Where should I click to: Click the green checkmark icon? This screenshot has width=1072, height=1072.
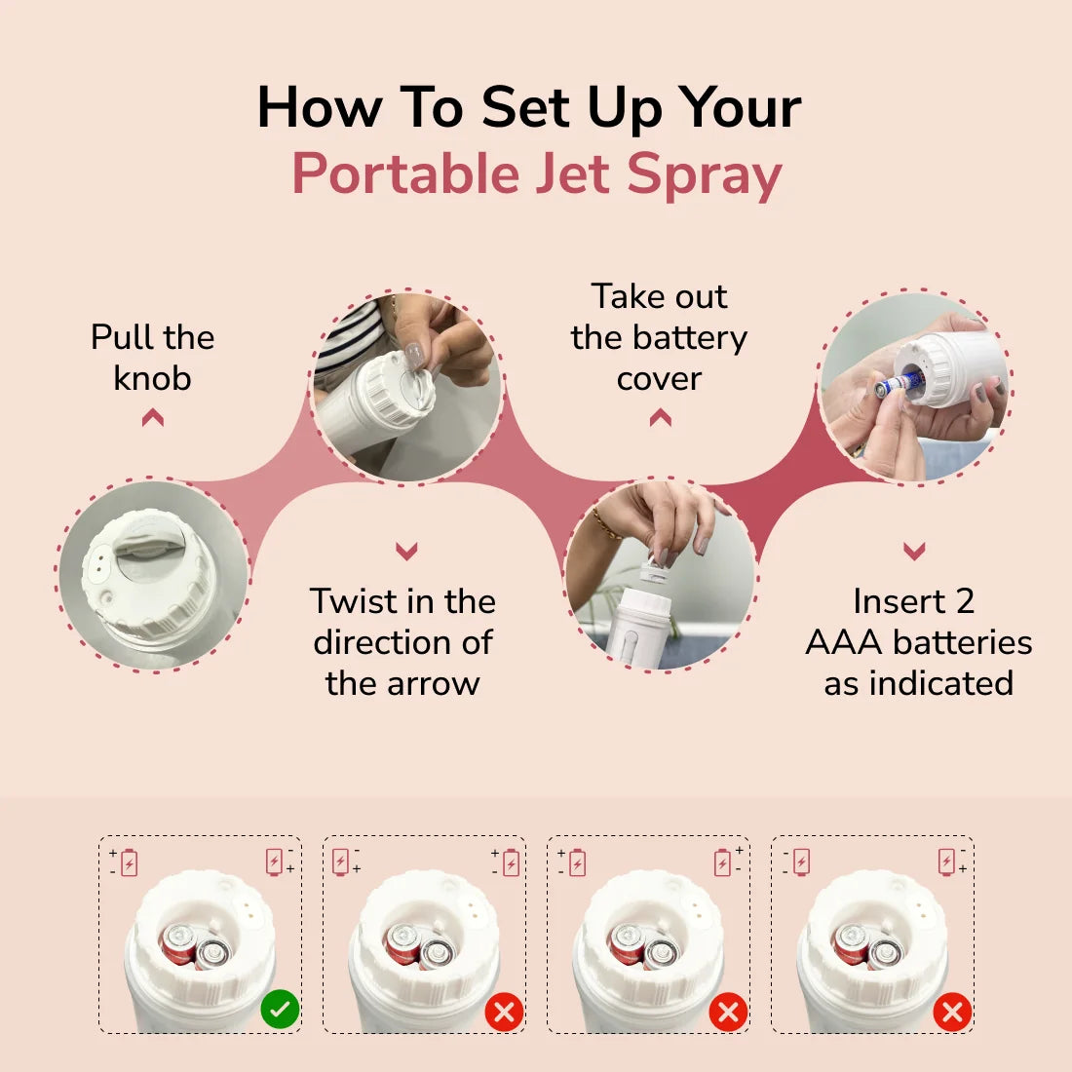click(280, 1010)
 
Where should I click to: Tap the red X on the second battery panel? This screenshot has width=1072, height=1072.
click(504, 1012)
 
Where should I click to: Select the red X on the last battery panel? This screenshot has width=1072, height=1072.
click(952, 1012)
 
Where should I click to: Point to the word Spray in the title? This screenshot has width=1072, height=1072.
click(704, 176)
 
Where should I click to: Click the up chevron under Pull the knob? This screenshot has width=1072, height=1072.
click(152, 418)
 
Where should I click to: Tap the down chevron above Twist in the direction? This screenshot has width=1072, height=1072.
click(406, 552)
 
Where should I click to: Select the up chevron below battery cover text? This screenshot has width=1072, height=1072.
click(660, 418)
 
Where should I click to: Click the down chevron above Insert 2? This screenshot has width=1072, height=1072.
click(913, 552)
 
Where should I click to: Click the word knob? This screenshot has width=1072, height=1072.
click(152, 378)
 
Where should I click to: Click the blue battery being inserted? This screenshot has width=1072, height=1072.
click(895, 385)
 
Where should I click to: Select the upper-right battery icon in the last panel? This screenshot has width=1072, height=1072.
click(946, 861)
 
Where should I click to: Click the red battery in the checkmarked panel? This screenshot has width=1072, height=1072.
click(179, 943)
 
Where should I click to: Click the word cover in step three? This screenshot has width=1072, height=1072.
click(659, 378)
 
